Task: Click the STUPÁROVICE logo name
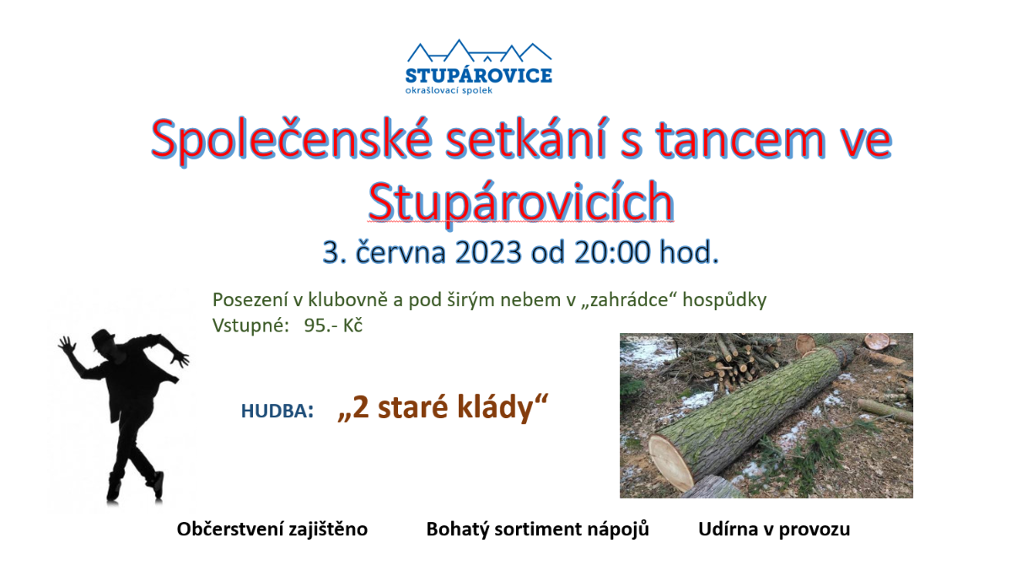[479, 75]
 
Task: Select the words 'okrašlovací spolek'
[449, 90]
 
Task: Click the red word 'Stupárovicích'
[521, 202]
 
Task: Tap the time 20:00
[612, 252]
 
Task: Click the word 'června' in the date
[401, 252]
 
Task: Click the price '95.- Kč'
[333, 325]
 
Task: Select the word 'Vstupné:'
[250, 325]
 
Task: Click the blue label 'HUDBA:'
[277, 411]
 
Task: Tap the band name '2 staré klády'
[443, 406]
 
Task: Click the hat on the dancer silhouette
[102, 339]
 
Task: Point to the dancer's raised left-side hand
[67, 347]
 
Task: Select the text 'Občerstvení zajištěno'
[272, 530]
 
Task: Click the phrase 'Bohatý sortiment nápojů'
[538, 530]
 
